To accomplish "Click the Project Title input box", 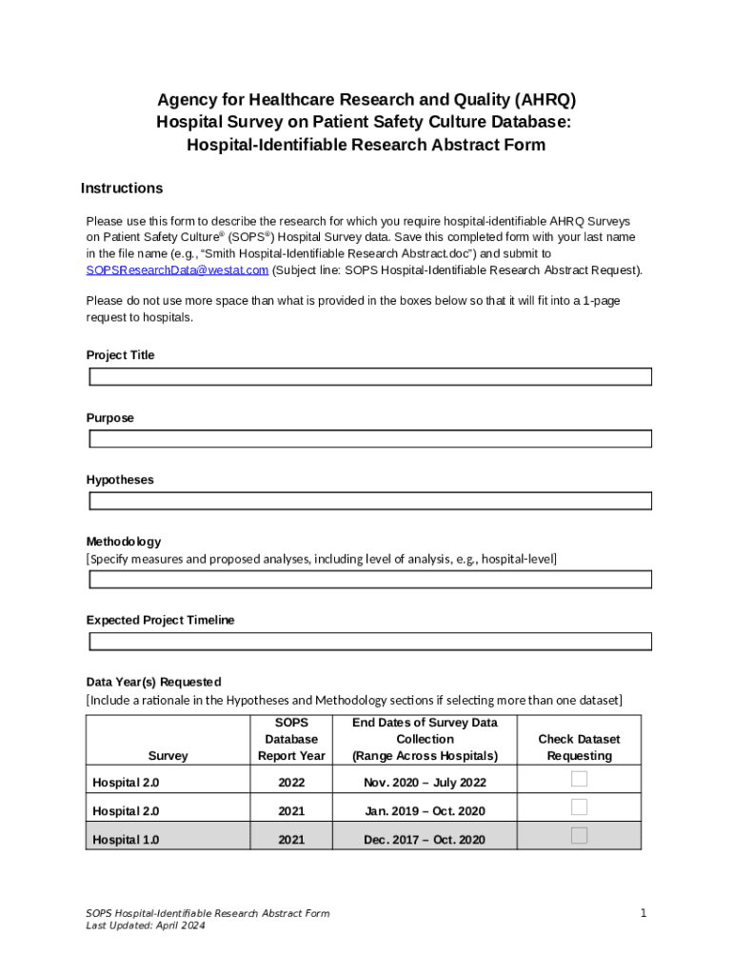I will tap(370, 377).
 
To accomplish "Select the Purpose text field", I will tap(370, 439).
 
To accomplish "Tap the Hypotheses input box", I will tap(370, 501).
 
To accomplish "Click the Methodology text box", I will tap(370, 580).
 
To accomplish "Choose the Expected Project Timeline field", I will tap(370, 642).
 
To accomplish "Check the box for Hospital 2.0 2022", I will tap(579, 779).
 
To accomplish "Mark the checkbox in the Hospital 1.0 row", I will tap(579, 836).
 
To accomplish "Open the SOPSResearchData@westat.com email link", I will tap(177, 270).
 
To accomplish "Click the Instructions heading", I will tap(122, 189).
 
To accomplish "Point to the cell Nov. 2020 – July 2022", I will tap(425, 783).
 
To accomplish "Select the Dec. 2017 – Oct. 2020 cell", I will tap(425, 840).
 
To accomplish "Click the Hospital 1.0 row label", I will tap(126, 840).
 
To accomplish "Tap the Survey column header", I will tap(168, 756).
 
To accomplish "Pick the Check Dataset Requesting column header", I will tap(579, 747).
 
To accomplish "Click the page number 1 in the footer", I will tap(644, 914).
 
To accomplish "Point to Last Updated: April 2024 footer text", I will tap(146, 926).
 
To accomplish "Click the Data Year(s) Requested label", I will tap(154, 682).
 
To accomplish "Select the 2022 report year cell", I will tap(291, 783).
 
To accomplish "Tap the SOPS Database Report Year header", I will tap(291, 739).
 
